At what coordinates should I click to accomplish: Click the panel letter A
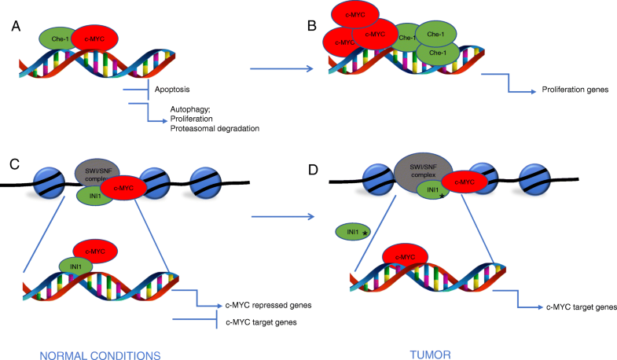[17, 27]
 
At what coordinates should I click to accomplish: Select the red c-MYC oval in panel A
[95, 37]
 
